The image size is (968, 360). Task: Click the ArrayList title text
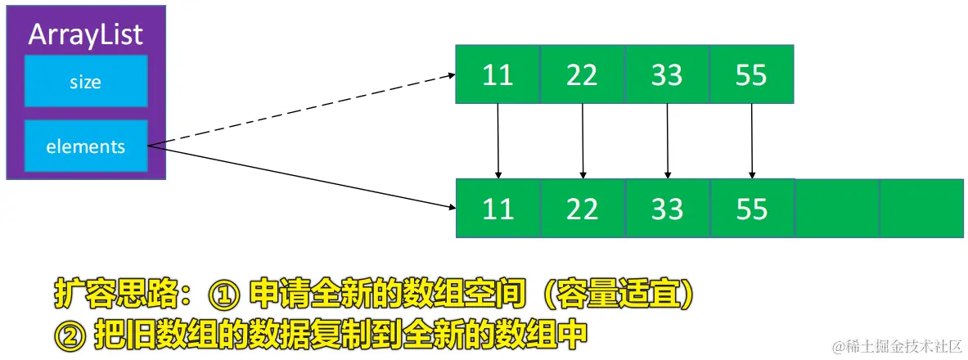click(86, 34)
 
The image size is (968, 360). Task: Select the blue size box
click(86, 81)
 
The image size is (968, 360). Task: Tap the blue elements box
click(86, 146)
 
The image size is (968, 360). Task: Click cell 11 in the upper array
click(498, 75)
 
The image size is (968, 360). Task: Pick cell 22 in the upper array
click(583, 75)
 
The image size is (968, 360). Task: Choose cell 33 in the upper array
click(667, 75)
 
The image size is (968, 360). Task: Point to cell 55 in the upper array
click(752, 75)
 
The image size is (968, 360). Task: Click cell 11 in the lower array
click(498, 209)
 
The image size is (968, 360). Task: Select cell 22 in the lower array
click(583, 209)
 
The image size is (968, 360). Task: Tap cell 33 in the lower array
click(667, 209)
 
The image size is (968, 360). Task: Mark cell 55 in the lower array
click(752, 209)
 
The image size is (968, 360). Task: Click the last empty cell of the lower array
click(921, 209)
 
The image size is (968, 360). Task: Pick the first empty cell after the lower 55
click(836, 209)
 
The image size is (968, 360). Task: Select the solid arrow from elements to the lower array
click(303, 178)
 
